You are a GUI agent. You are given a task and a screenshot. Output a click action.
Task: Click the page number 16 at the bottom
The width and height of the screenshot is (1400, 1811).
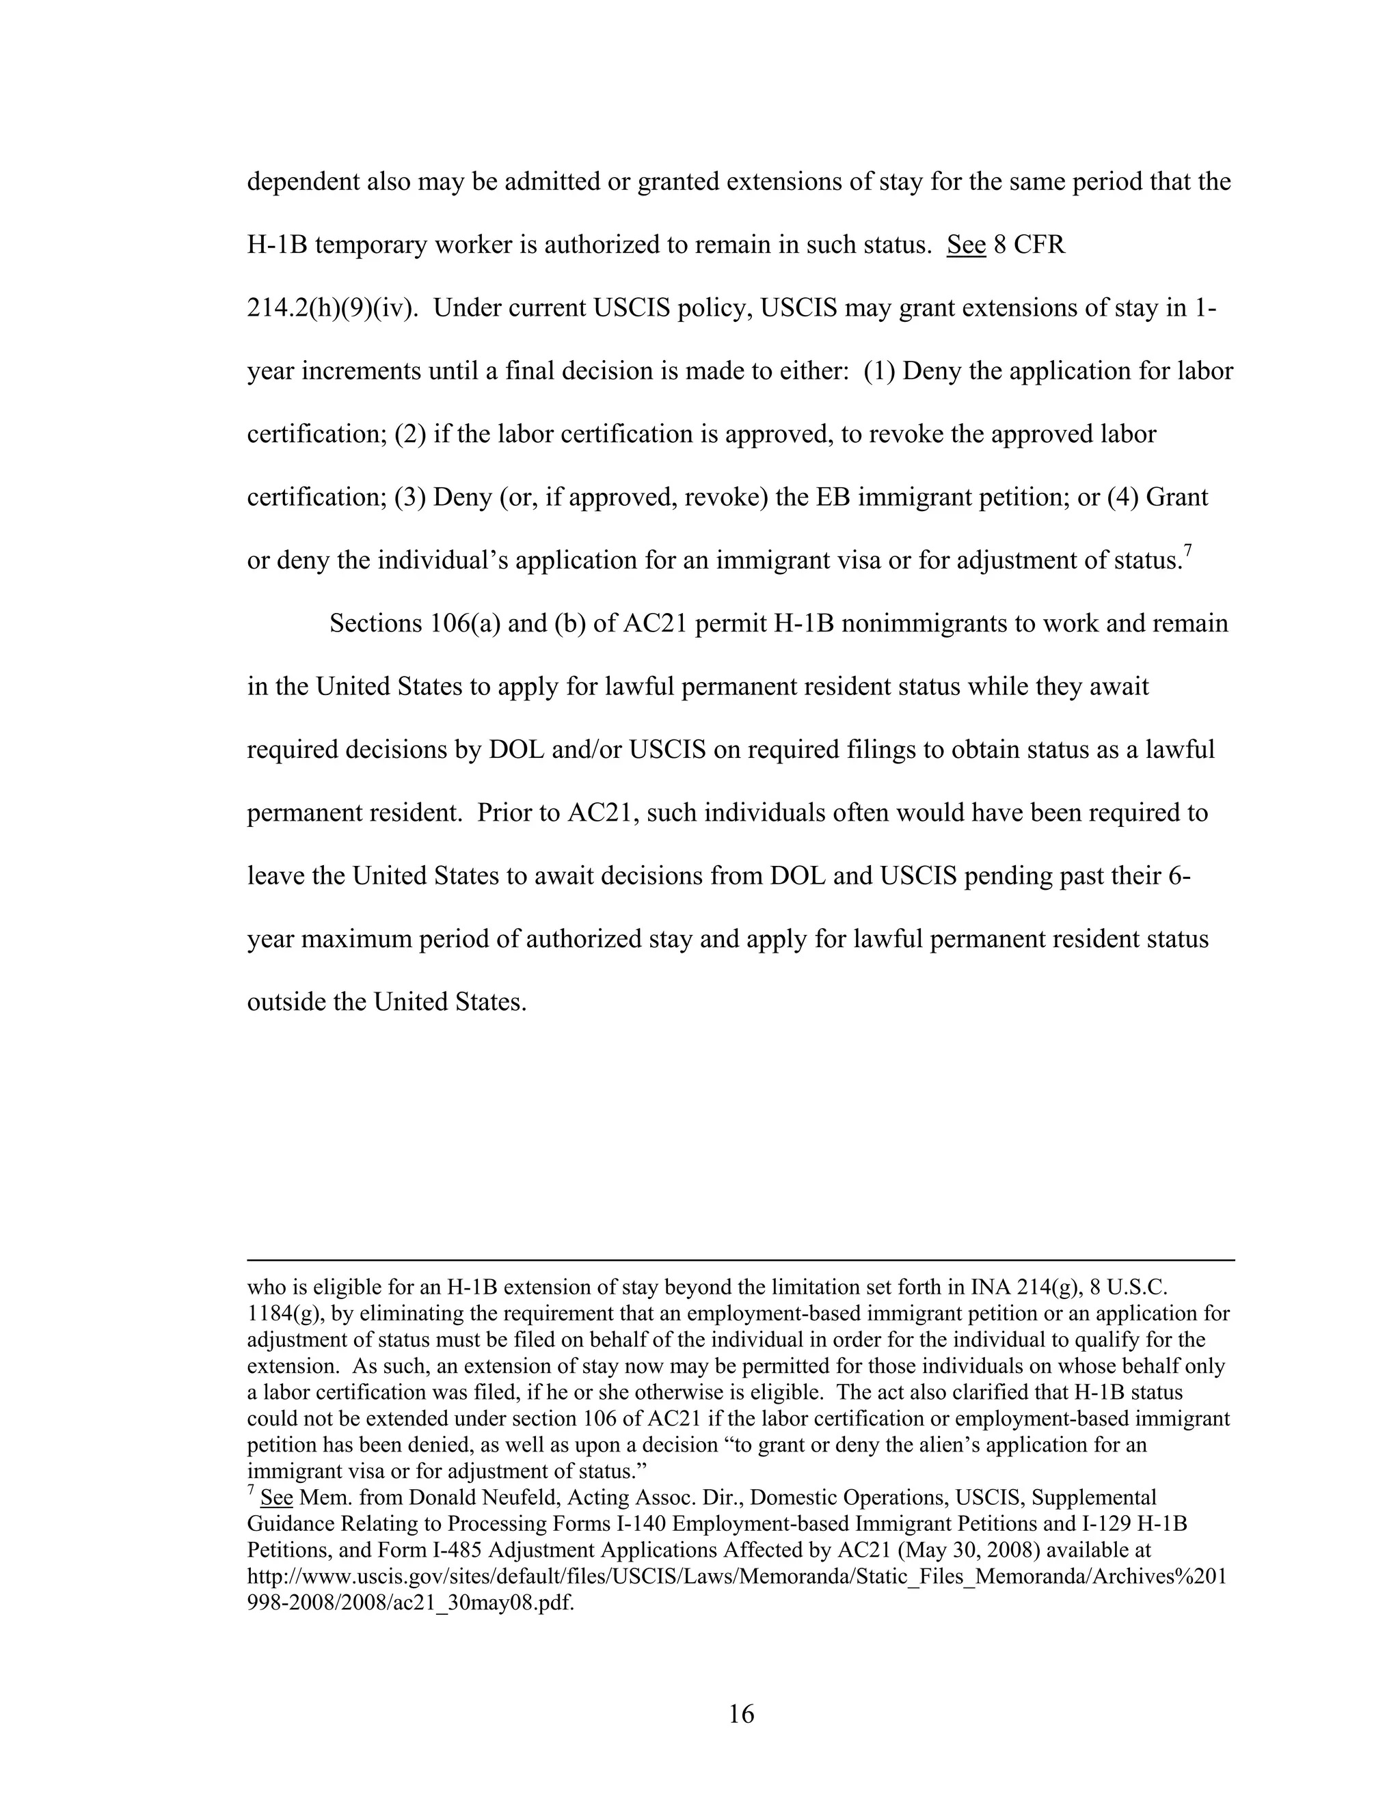coord(740,1713)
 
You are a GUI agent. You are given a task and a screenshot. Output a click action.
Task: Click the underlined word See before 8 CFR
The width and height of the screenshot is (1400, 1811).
coord(965,245)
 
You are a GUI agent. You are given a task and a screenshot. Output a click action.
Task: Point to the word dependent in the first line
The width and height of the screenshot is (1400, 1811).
coord(303,182)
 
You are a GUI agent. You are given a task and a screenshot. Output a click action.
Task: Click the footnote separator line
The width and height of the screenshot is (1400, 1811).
coord(740,1259)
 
